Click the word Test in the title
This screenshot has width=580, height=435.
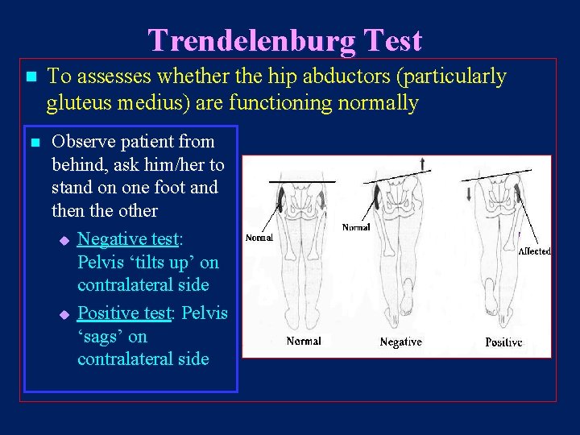[392, 40]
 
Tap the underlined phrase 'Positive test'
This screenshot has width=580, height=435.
[123, 313]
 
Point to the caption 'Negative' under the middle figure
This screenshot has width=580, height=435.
[400, 342]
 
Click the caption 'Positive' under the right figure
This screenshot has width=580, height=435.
[503, 342]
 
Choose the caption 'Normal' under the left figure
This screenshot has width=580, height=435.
[304, 341]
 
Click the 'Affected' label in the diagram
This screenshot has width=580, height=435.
[534, 251]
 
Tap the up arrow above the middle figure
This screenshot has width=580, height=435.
[422, 164]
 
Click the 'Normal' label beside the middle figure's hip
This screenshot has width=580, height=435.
[355, 227]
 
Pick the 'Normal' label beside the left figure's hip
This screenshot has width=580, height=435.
[259, 238]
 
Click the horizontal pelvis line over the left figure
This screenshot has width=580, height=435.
[297, 182]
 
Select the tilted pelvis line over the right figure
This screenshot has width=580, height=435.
[496, 173]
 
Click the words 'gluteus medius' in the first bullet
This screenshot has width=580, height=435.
[105, 103]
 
